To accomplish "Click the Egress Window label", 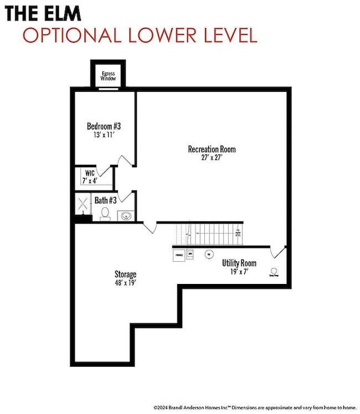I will click(x=108, y=76).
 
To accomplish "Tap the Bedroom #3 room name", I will click(x=104, y=126).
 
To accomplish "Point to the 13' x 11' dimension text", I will click(x=104, y=134).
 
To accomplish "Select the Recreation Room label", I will click(x=212, y=149).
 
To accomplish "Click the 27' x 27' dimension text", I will click(x=212, y=157).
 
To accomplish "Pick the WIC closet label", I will click(x=90, y=173).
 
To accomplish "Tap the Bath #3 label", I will click(x=105, y=200).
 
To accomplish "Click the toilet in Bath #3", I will click(x=105, y=214).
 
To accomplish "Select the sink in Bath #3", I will click(x=125, y=215).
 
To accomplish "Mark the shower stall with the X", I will click(x=83, y=203).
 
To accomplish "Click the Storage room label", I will click(x=125, y=274).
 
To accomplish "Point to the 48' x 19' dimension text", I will click(x=125, y=282).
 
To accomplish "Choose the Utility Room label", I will click(x=239, y=263).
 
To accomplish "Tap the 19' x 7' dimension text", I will click(x=239, y=272).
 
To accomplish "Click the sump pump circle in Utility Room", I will click(x=274, y=271).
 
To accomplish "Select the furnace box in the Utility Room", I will click(x=179, y=255).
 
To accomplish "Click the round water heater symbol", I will click(x=209, y=254).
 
